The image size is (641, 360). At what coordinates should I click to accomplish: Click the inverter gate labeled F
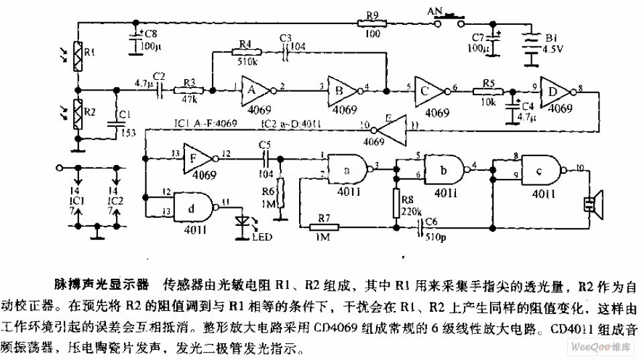[x=194, y=158]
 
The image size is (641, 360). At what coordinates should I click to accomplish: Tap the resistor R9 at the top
[x=371, y=23]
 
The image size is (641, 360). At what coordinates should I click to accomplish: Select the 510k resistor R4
[x=244, y=51]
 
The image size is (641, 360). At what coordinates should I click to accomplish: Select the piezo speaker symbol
[x=594, y=204]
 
